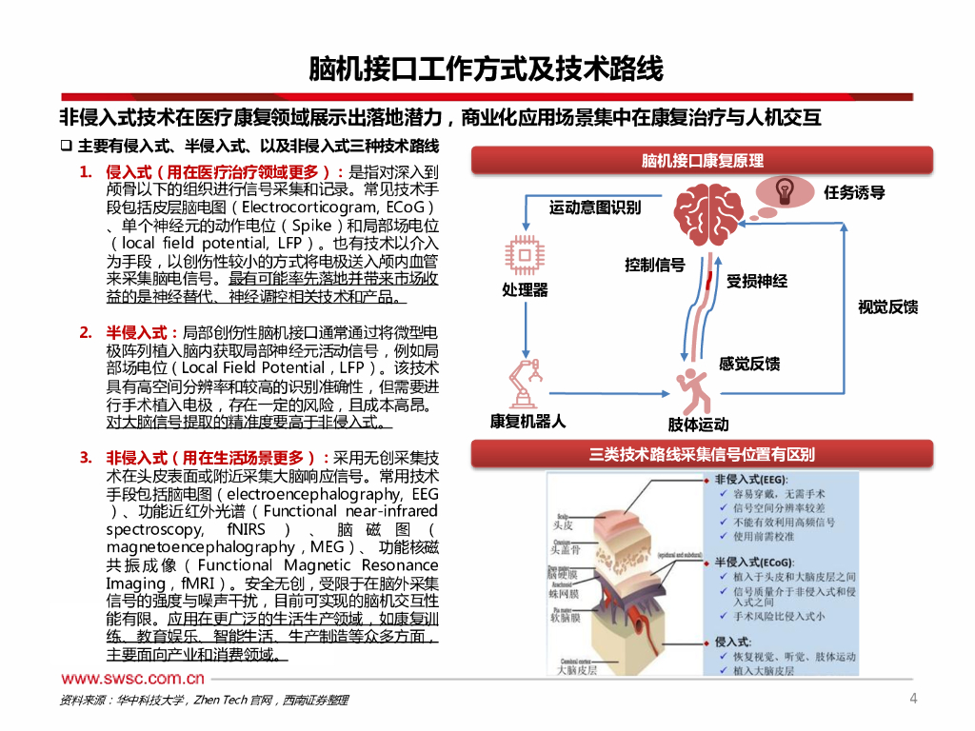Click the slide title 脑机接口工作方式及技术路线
point(487,69)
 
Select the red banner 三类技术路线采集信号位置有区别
point(703,455)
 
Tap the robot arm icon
point(527,382)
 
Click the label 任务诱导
point(854,192)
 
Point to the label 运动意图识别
point(595,207)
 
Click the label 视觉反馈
point(888,306)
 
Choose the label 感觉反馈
point(749,364)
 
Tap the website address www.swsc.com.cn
point(133,679)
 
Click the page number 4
point(914,700)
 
